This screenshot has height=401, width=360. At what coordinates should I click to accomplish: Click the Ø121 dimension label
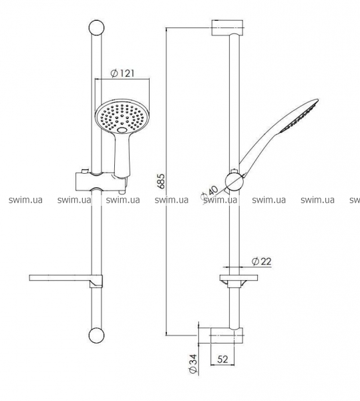[122, 74]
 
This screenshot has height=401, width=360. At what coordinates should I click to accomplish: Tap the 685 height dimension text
[161, 181]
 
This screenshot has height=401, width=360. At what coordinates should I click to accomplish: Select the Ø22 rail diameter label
[261, 261]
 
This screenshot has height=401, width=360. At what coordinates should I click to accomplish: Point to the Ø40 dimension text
[210, 193]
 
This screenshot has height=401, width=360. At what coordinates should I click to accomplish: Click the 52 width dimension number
[222, 360]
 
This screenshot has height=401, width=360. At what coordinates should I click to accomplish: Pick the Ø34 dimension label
[194, 364]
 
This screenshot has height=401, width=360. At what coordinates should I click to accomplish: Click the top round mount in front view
[97, 27]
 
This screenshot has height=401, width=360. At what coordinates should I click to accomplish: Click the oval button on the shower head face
[122, 130]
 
